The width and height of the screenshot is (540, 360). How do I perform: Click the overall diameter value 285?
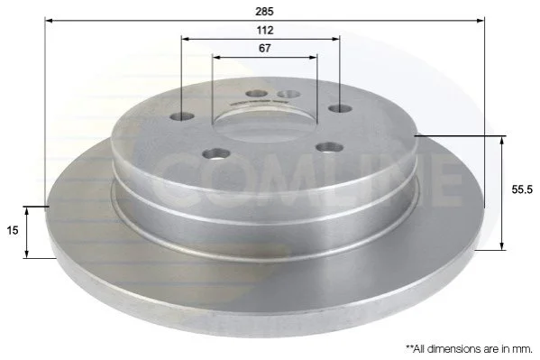pos(264,12)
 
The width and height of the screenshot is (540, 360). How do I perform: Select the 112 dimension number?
pos(264,31)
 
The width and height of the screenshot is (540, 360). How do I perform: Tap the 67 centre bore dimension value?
pos(264,49)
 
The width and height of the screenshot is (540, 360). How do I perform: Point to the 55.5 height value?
pos(522,189)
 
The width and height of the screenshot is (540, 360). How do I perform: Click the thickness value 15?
pos(13,230)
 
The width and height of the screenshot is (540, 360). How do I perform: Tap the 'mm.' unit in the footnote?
pos(524,349)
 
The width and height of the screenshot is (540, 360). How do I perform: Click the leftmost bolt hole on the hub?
pos(182,116)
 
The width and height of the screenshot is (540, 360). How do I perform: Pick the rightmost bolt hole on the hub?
pos(340,108)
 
